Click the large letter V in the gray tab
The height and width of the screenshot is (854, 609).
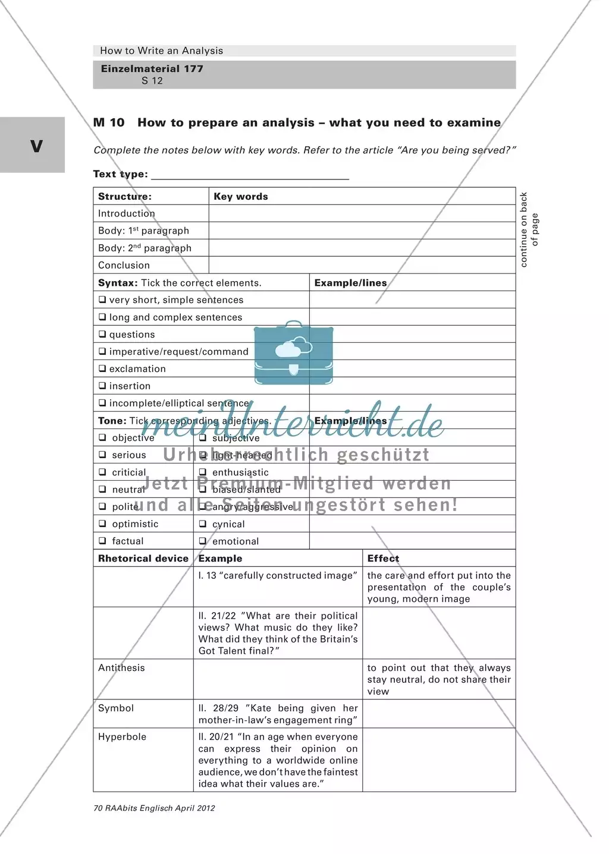click(36, 146)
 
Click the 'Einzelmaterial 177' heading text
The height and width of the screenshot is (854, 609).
click(152, 68)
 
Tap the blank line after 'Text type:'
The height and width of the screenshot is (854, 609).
click(250, 174)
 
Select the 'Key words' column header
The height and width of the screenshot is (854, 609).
click(241, 197)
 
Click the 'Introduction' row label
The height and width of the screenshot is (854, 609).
click(127, 213)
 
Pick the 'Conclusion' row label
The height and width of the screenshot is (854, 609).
click(124, 265)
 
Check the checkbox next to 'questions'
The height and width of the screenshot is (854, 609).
click(102, 335)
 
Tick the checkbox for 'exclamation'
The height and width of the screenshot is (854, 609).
click(102, 368)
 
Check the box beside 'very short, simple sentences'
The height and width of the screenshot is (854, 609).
click(102, 300)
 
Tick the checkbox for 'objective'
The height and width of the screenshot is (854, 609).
click(102, 438)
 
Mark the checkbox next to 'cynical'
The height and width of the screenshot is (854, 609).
click(203, 524)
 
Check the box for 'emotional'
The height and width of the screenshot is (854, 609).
click(203, 541)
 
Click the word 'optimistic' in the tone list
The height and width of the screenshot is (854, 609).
click(135, 524)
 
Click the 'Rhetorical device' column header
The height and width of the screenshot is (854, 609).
click(143, 559)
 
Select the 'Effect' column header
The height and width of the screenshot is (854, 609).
click(383, 559)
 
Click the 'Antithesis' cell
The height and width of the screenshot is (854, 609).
click(121, 668)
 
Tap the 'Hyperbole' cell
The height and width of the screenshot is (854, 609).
click(122, 737)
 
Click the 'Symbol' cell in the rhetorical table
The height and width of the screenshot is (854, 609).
click(116, 708)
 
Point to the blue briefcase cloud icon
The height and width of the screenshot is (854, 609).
click(293, 352)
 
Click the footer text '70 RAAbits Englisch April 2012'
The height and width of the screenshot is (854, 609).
click(154, 808)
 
